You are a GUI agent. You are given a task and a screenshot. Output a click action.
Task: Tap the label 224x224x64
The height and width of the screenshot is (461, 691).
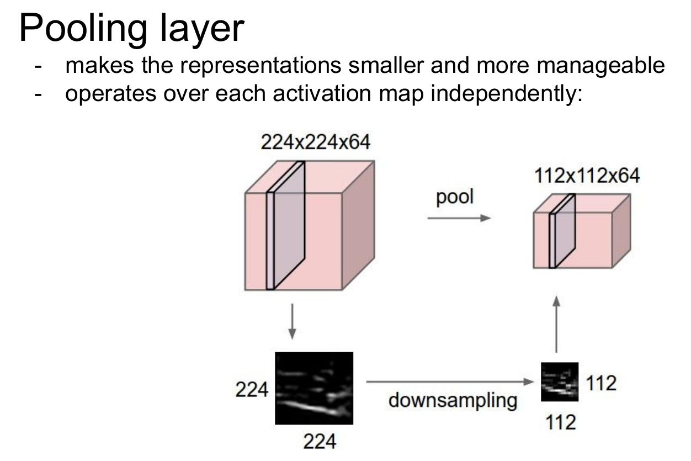pos(316,143)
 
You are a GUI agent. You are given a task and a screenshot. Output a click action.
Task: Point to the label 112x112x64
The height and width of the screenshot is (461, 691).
pos(587,176)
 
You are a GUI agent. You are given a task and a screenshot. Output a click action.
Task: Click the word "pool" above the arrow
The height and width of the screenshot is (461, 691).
pos(455,197)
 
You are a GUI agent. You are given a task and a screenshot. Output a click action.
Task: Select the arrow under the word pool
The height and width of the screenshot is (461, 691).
pos(459,218)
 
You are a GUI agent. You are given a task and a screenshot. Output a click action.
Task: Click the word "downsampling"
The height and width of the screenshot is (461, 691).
pos(453,400)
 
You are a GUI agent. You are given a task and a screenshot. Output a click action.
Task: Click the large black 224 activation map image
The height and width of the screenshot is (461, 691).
pos(313,388)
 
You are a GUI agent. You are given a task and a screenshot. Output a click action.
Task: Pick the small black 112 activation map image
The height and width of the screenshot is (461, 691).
pos(559,381)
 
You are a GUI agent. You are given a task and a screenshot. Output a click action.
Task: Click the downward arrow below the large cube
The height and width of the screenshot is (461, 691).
pos(292,325)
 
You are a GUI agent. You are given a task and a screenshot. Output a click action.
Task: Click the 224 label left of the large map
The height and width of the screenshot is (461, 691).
pos(252,390)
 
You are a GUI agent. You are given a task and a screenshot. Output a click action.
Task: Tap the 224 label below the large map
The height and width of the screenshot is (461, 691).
pos(320,442)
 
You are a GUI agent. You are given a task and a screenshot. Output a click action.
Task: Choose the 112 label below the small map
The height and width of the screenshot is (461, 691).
pos(560,422)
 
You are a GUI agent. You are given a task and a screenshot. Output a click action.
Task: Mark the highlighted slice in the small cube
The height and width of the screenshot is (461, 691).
pos(562,231)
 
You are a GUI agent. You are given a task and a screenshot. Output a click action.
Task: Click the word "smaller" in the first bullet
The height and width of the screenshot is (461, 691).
pos(384,66)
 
